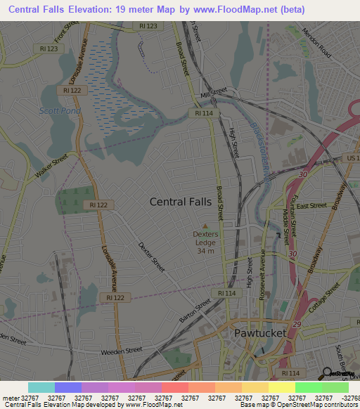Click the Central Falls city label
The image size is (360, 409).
point(180,202)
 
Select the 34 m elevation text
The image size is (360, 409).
point(205,251)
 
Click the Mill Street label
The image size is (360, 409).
point(214,93)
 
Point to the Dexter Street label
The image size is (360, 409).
point(151,257)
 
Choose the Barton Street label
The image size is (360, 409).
point(195,310)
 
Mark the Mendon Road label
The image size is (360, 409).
point(316,42)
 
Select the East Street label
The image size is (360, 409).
point(311,206)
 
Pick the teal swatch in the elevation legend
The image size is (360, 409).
point(41,387)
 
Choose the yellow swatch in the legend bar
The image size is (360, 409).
point(281,387)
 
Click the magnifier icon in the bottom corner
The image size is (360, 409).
point(327,373)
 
